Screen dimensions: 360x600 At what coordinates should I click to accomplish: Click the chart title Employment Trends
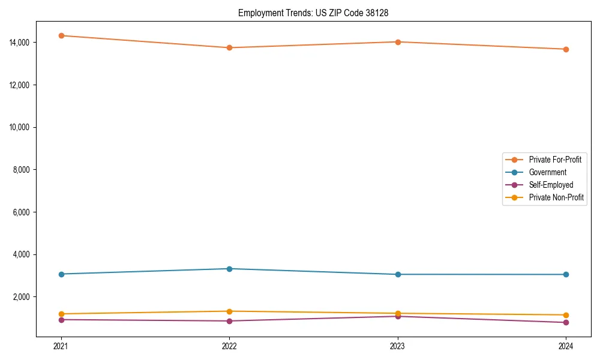[x=313, y=13]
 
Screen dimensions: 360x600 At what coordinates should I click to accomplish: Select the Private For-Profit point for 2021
[x=61, y=35]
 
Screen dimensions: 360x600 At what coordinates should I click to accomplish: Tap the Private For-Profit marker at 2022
[x=229, y=47]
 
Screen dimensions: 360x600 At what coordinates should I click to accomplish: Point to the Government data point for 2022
[x=229, y=269]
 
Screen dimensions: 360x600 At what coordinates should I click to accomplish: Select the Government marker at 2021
[x=61, y=274]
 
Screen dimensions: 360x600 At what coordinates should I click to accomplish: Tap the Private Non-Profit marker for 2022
[x=229, y=311]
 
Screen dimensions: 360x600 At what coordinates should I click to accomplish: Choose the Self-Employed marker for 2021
[x=61, y=320]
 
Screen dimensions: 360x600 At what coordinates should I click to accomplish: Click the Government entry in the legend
[x=547, y=172]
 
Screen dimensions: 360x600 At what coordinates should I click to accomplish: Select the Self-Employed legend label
[x=551, y=185]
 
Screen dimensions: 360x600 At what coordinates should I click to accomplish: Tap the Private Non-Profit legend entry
[x=556, y=197]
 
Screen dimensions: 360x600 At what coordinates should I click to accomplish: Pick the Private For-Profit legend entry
[x=555, y=160]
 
